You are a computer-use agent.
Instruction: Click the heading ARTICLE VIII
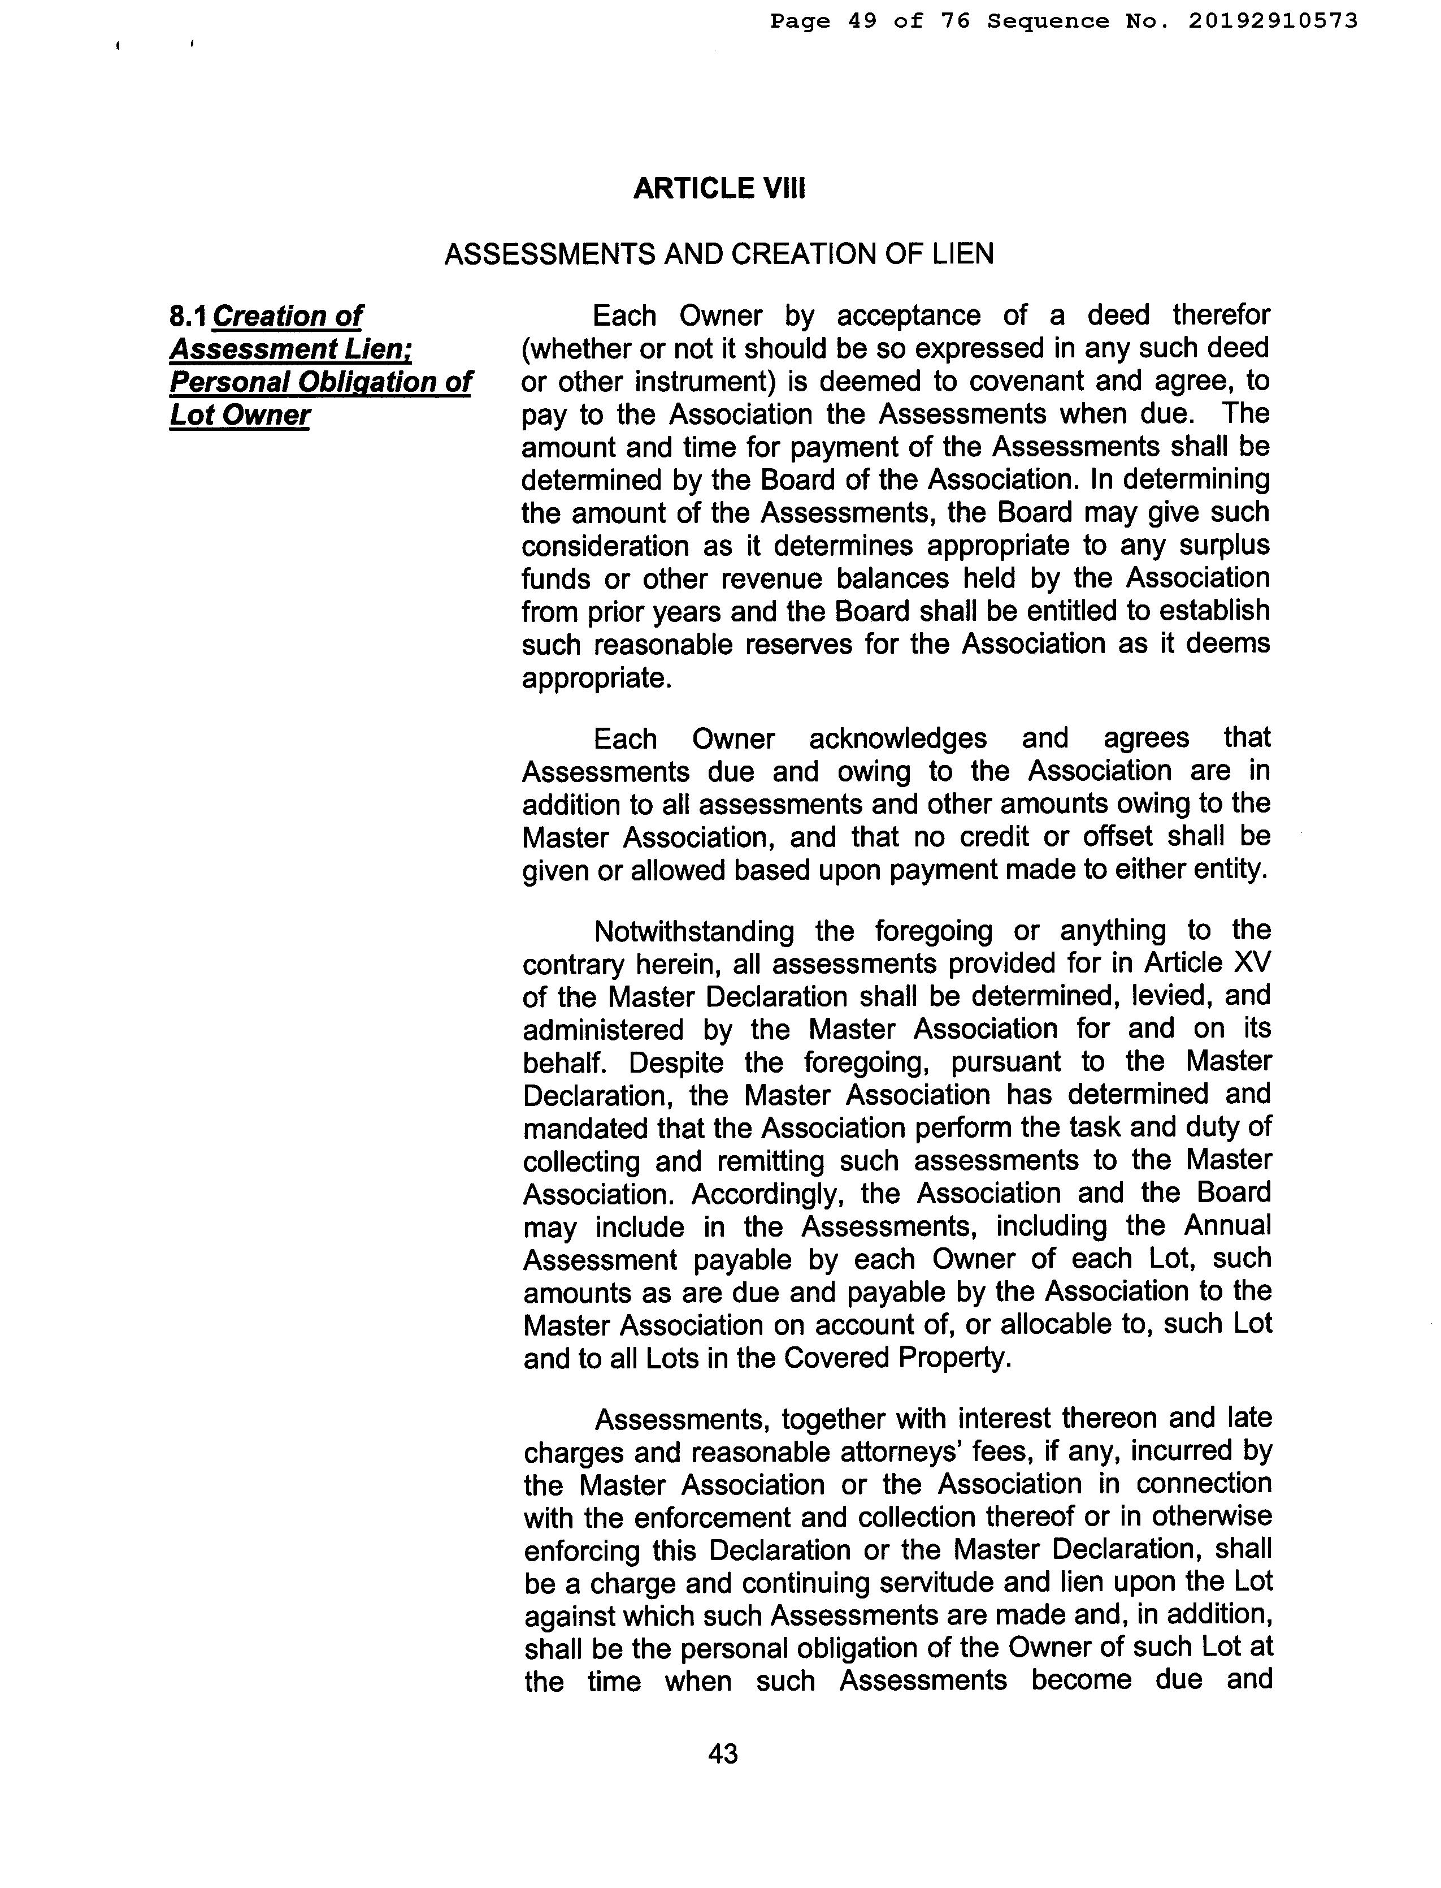click(x=719, y=188)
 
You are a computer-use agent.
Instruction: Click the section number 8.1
click(x=188, y=317)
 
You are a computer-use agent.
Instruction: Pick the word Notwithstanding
click(x=693, y=931)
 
